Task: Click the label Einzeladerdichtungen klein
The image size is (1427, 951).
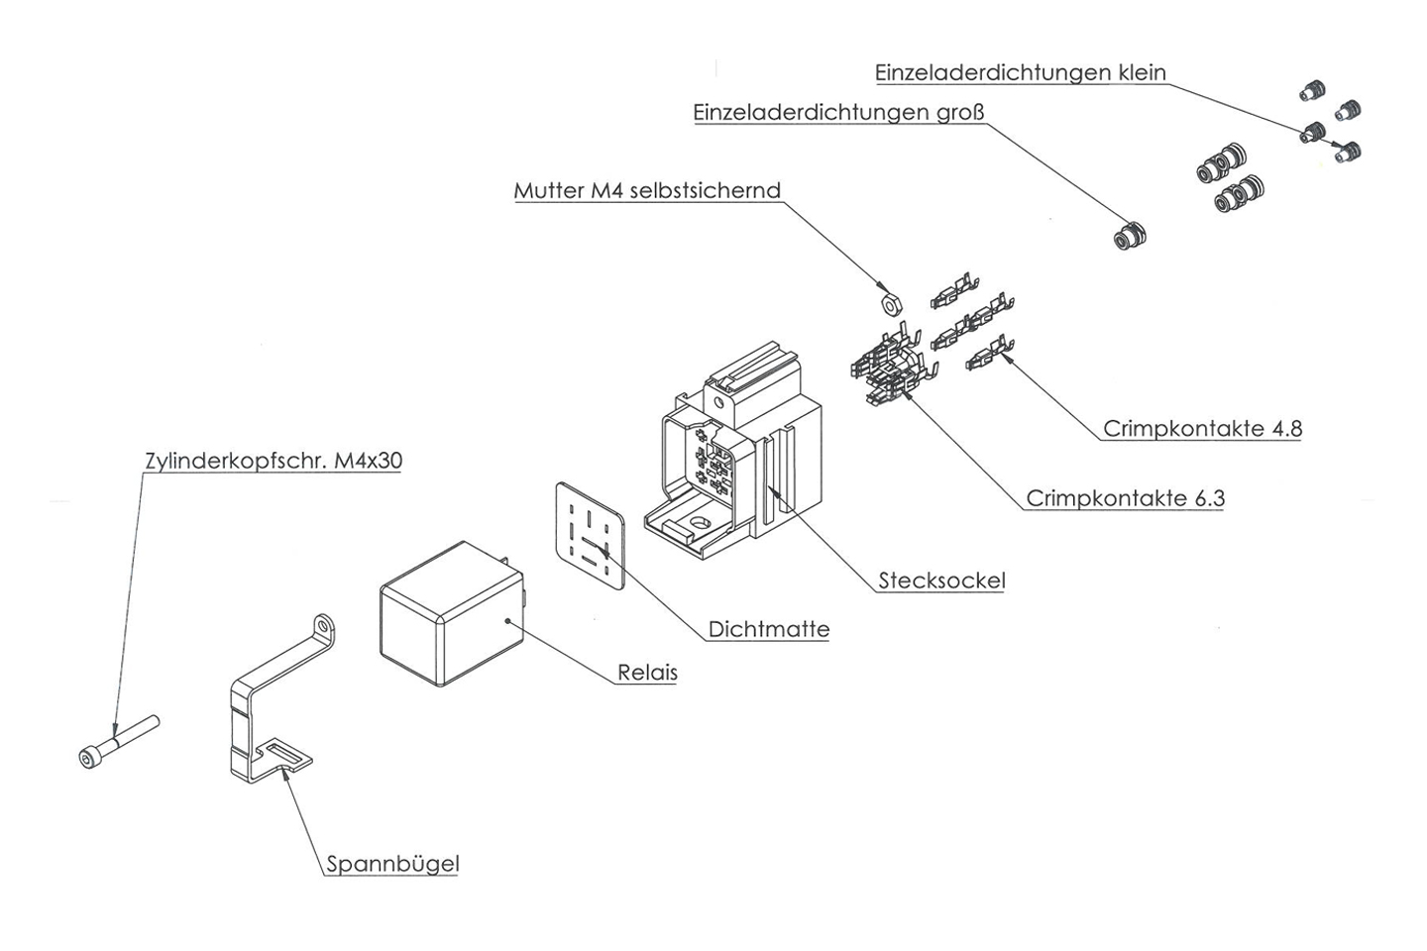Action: coord(1020,73)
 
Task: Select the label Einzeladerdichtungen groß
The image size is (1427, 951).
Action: coord(838,113)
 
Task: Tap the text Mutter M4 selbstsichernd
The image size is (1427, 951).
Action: coord(647,190)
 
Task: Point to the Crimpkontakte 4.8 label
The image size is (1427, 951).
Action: coord(1202,429)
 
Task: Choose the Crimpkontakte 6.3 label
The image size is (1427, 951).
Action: coord(1125,498)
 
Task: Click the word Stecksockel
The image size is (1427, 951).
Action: coord(941,581)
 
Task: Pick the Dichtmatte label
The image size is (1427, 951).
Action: coord(769,629)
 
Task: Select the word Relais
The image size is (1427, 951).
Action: coord(647,673)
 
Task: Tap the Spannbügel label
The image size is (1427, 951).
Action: coord(393,864)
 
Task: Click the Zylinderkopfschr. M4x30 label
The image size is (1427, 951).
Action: coord(274,461)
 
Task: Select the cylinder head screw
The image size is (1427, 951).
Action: coord(119,741)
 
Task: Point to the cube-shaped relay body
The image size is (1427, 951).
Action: coord(451,614)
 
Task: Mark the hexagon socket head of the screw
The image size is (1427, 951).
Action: coord(89,758)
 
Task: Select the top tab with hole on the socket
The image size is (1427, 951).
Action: coord(718,398)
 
